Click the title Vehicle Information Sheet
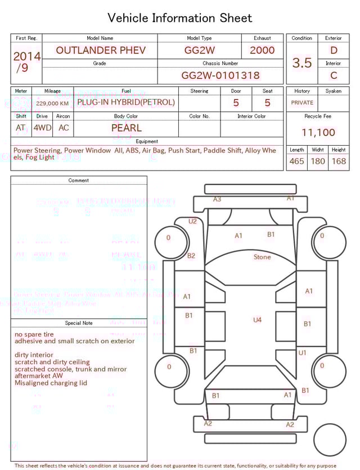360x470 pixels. [180, 18]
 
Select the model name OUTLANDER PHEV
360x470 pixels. [100, 50]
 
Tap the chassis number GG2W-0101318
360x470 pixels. [220, 75]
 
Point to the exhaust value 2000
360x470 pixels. [262, 50]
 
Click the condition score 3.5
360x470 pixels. [302, 63]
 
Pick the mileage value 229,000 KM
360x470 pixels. [52, 104]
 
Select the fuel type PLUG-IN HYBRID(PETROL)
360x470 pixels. [126, 102]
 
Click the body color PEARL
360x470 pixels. [127, 128]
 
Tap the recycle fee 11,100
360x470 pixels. [318, 132]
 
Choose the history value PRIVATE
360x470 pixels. [302, 103]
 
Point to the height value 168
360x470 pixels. [339, 161]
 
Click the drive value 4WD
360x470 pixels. [42, 128]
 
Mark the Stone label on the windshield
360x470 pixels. [262, 257]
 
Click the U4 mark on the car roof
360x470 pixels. [257, 320]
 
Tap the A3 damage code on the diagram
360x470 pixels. [217, 199]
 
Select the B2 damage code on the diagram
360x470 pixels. [191, 256]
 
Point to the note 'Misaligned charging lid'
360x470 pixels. [51, 383]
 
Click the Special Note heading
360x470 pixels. [79, 323]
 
